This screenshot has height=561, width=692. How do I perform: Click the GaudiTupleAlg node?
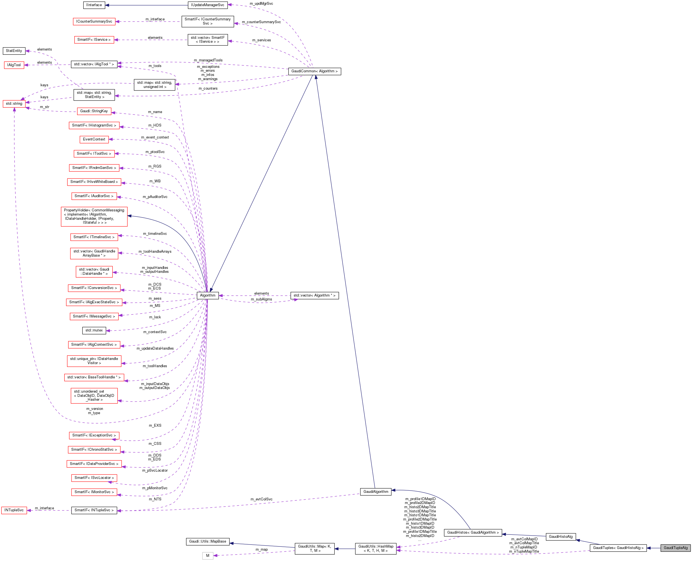coord(675,548)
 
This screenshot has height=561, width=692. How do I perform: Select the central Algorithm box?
coord(208,295)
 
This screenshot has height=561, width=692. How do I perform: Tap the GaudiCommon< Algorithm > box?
coord(314,71)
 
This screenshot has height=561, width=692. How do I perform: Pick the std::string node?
coord(14,104)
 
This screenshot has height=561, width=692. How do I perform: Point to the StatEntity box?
coord(14,51)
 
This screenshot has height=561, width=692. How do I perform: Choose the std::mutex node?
coord(94,330)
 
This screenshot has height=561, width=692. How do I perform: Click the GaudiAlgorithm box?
coord(375,491)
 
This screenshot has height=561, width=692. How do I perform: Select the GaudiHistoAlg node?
coord(560,536)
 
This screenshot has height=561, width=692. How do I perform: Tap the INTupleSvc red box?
coord(14,510)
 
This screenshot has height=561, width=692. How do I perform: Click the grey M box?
coord(208,555)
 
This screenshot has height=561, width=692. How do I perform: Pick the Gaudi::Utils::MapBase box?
coord(208,541)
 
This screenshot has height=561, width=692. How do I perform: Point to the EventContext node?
coord(94,139)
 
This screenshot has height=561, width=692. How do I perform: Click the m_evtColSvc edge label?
coord(261,499)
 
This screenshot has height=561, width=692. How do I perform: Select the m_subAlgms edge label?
coord(261,299)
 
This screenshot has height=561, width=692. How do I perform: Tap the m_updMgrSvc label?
coord(261,4)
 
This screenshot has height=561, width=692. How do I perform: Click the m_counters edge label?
coord(208,89)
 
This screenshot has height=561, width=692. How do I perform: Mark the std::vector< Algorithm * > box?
coord(314,295)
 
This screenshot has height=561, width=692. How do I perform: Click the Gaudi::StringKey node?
coord(94,111)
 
